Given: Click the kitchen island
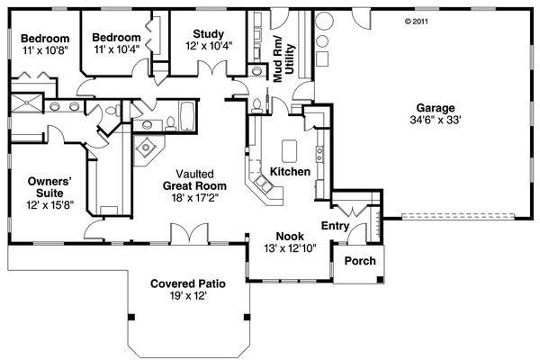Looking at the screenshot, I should tap(290, 149).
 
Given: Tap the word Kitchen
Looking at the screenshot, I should tap(290, 171).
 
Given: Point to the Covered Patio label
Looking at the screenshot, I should tap(188, 283).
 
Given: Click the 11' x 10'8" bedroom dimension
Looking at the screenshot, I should tap(45, 52).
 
